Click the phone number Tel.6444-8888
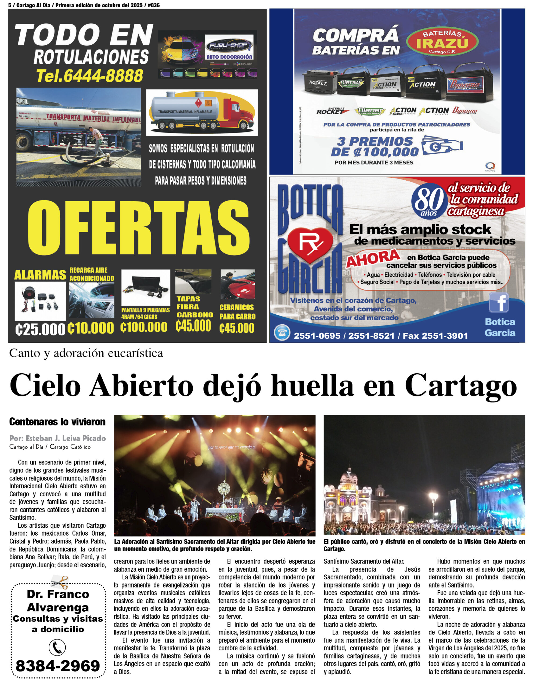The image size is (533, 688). [90, 76]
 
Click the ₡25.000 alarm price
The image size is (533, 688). [40, 329]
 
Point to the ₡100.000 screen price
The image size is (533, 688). [144, 327]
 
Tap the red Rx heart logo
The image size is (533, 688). [310, 244]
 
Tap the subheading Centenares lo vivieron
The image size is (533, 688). [57, 422]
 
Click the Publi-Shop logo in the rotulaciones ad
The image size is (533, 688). [229, 47]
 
